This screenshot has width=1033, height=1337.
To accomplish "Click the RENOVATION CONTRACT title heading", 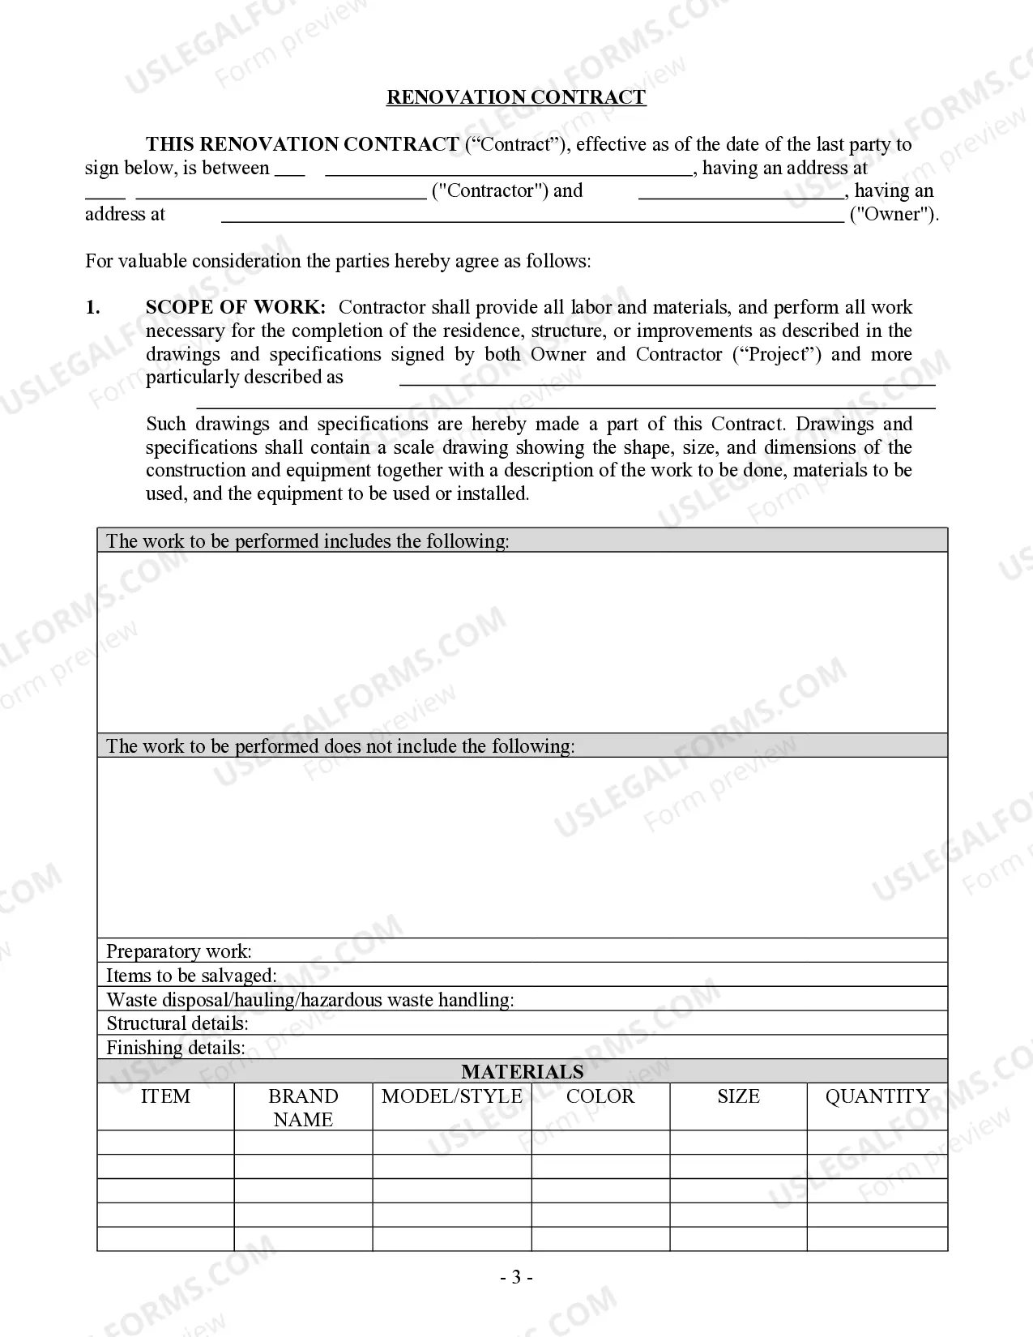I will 516,97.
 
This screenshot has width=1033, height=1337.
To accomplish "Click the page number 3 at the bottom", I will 516,1278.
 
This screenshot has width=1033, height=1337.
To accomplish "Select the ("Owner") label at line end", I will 894,215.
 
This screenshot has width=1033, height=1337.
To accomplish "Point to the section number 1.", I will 93,307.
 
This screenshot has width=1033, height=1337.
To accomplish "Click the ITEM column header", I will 165,1096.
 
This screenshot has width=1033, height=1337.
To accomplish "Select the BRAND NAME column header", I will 303,1108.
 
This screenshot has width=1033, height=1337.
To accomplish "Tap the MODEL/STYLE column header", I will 452,1096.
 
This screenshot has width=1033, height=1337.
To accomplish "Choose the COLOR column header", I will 600,1096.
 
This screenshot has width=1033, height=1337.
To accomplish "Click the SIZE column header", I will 738,1096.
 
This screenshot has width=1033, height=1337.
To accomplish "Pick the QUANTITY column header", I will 877,1096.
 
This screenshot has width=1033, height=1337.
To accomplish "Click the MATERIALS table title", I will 523,1072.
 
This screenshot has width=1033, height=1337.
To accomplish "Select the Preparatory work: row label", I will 179,951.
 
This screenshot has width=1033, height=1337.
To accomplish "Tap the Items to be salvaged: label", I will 191,976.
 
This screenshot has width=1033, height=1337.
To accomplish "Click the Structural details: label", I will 177,1023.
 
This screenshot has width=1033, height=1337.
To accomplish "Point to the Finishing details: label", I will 176,1048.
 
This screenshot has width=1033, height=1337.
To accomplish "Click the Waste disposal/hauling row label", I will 310,1000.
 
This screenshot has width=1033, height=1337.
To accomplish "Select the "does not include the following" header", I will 340,746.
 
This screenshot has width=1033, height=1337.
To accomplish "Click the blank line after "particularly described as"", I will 667,379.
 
